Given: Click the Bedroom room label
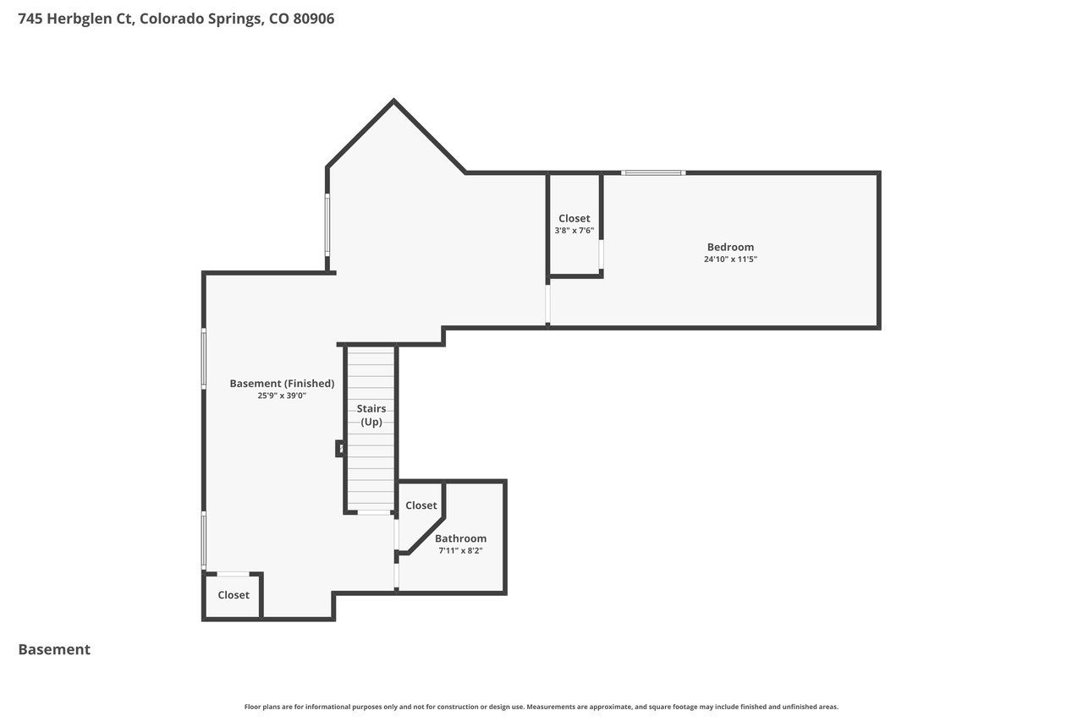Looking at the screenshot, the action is coord(730,247).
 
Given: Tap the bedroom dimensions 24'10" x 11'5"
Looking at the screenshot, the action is coord(730,259).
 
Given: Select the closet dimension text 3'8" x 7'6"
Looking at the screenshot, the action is coord(574,231).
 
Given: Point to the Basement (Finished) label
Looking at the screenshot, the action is coord(282,384).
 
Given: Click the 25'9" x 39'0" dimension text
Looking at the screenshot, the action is coord(282,396).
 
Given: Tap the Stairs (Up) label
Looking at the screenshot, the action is coord(371,415).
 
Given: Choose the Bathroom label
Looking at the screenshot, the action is coord(460,538).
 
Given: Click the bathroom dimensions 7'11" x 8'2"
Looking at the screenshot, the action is coord(460,550).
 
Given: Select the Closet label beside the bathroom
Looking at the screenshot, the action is coord(421,505).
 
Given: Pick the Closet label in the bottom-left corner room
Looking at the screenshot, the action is coord(234,595).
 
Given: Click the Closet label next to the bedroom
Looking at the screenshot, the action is coord(574,218).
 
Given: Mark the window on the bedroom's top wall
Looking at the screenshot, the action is coord(653,173).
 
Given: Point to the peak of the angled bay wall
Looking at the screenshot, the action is coord(393,100).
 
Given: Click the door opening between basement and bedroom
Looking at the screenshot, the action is coord(547,304).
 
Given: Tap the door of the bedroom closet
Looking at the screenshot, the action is coord(602,254).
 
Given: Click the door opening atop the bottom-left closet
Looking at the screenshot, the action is coord(233,574).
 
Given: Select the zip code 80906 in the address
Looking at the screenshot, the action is coord(314,19).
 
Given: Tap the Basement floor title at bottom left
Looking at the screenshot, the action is coord(54,649).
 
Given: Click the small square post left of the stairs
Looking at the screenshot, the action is coord(340,449).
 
